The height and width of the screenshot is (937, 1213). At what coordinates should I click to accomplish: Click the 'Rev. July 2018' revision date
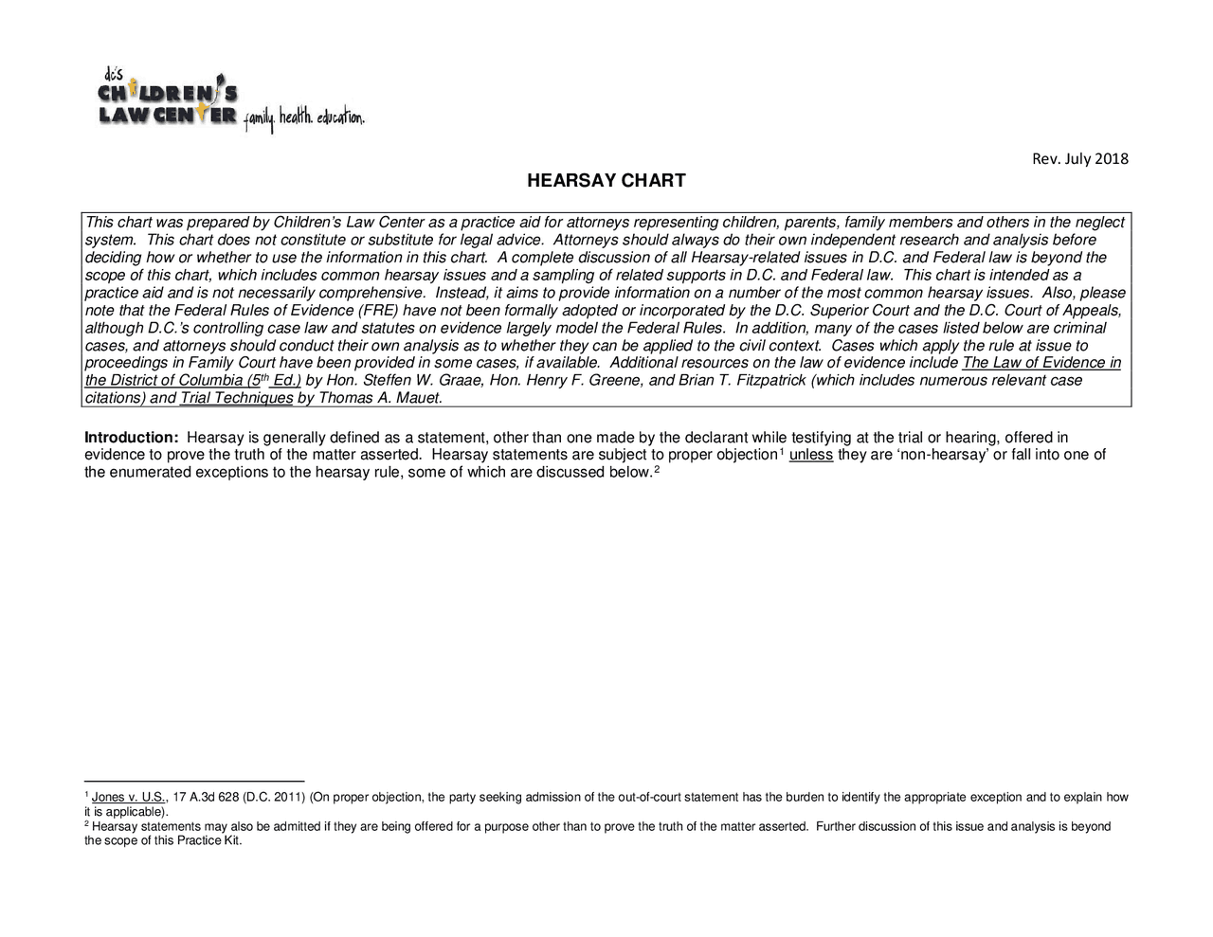(1079, 158)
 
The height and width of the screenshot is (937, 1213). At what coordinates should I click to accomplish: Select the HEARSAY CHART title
(606, 181)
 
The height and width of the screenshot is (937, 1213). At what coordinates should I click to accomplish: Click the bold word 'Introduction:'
(132, 438)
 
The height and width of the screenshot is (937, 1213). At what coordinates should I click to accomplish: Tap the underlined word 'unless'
(810, 455)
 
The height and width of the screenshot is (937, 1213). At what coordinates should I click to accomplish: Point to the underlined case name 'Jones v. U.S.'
(129, 797)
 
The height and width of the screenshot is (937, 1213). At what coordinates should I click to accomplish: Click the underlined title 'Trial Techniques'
(236, 398)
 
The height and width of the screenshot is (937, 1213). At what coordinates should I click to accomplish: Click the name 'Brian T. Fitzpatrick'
(743, 381)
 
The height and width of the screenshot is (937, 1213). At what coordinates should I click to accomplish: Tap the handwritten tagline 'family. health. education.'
(303, 118)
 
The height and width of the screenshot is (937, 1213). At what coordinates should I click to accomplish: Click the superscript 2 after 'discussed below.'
(657, 469)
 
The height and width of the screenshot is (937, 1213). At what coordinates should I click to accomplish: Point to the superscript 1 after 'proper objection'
(781, 452)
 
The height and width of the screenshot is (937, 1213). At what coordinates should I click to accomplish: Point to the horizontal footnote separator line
(193, 783)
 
